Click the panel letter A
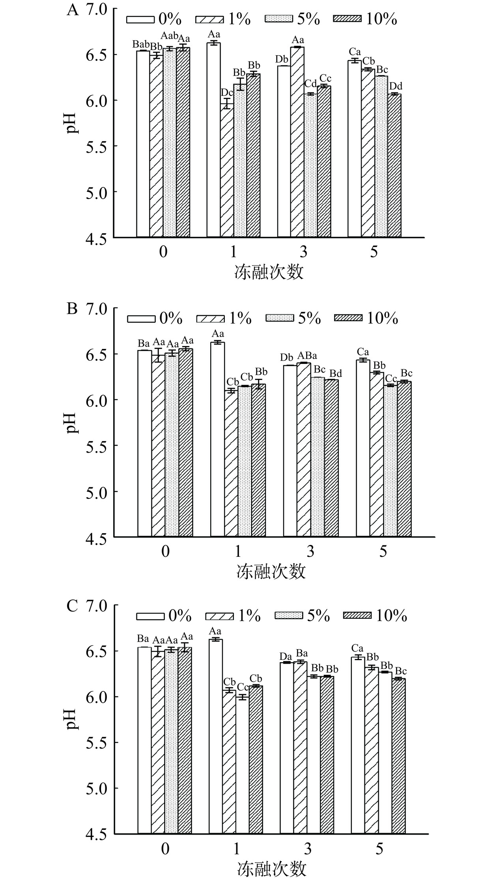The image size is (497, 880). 73,9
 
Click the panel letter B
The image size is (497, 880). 72,309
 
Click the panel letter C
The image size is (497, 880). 72,606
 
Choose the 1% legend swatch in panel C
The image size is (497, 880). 220,615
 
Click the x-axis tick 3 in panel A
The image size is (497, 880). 303,252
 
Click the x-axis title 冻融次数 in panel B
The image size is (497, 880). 271,571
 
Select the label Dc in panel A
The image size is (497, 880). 227,92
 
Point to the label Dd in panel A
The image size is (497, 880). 396,86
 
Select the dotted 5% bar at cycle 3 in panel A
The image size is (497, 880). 310,166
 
